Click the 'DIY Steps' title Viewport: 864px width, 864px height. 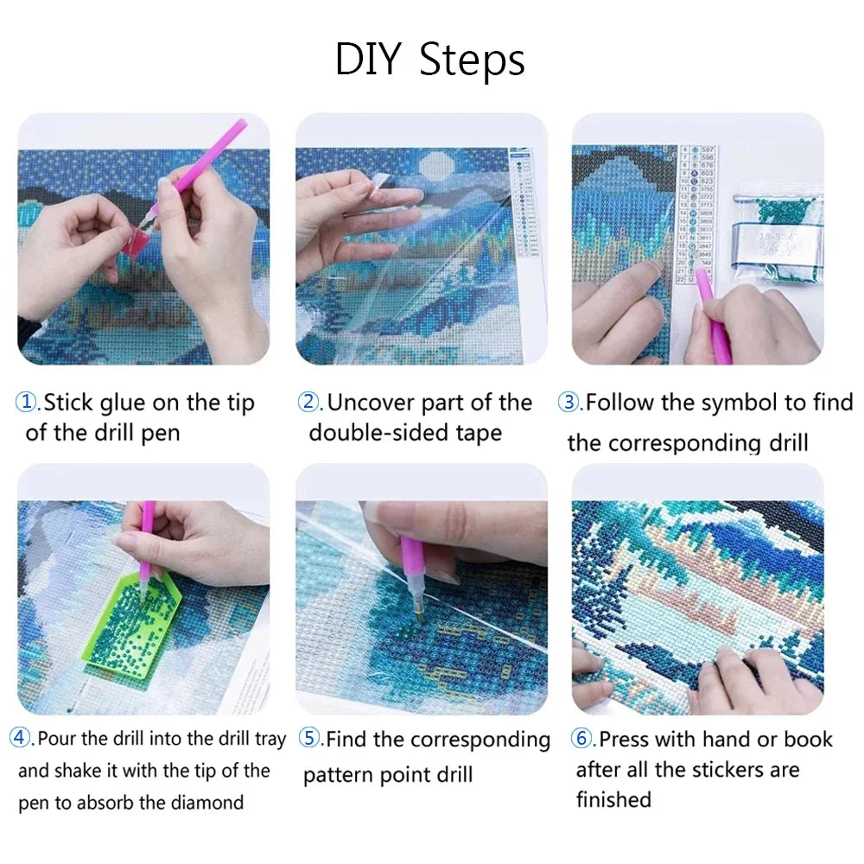pos(429,60)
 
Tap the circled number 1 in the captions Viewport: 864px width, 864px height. pos(28,403)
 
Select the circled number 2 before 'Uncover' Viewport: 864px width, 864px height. pos(308,403)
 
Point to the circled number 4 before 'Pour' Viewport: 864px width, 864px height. pos(21,739)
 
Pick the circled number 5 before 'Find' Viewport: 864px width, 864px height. pos(308,740)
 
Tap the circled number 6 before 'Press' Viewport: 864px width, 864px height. pos(581,740)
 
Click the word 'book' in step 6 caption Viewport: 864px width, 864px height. pos(807,740)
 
